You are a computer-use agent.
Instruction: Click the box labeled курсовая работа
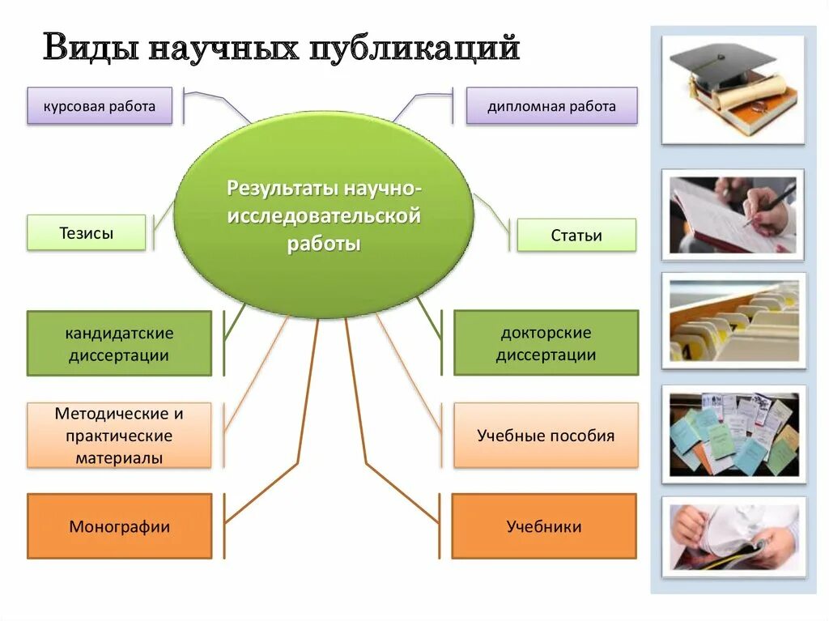point(100,106)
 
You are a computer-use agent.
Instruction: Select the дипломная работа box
point(551,106)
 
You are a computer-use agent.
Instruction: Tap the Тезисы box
point(87,233)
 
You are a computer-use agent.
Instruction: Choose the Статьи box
point(576,236)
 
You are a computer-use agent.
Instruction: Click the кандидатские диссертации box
point(119,343)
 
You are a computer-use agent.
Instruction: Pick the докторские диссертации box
point(546,343)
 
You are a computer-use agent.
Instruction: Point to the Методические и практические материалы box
point(119,436)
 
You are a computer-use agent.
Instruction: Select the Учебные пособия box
point(546,436)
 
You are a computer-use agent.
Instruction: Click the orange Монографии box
point(119,526)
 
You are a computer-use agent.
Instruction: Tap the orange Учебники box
point(544,526)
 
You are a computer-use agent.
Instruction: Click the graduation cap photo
point(733,89)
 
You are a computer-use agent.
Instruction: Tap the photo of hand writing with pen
point(733,215)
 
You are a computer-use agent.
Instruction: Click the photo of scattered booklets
point(733,434)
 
